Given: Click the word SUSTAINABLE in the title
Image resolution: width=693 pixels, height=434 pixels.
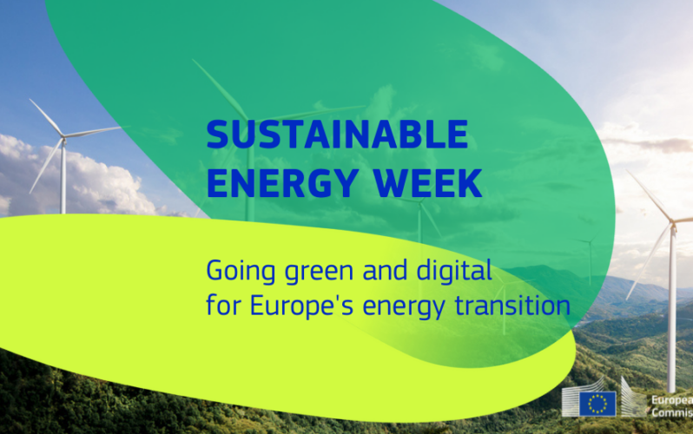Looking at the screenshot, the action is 337,134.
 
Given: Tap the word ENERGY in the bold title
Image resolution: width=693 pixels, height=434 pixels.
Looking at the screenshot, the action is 282,182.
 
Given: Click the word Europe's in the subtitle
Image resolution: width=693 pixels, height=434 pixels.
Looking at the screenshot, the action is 301,306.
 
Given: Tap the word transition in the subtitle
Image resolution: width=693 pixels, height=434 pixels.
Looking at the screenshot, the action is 512,306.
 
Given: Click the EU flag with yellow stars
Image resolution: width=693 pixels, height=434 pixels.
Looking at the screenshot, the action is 597,403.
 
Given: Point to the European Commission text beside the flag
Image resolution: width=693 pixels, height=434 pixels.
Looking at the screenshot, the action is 672,406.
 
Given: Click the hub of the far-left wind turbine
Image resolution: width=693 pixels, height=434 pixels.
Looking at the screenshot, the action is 63,138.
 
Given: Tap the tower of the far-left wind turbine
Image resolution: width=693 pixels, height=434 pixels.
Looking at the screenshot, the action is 63,177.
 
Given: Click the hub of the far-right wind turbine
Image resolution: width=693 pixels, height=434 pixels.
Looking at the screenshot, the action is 673,227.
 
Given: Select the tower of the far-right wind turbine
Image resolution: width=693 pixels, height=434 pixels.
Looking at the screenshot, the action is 672,309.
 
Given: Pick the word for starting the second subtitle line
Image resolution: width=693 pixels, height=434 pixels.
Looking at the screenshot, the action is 223,305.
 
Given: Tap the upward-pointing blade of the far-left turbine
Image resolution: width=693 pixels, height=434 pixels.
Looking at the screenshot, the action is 46,117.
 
